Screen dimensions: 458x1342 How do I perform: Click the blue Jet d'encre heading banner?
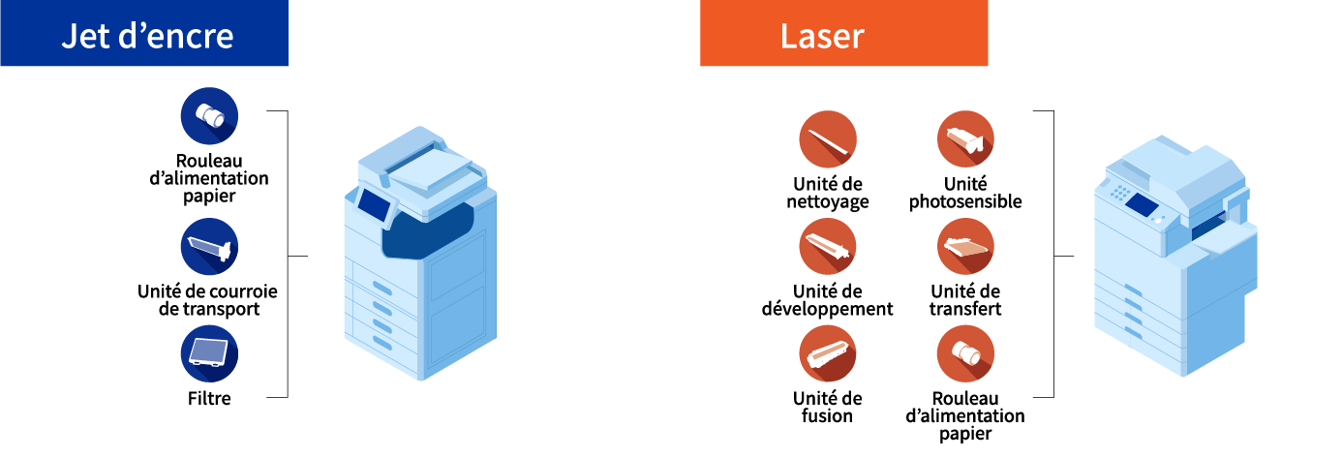coord(144,34)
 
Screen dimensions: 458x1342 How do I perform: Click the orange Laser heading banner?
coord(843,34)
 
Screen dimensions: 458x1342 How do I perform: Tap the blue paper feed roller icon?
coord(209,115)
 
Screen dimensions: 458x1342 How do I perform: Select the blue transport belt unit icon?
coord(209,247)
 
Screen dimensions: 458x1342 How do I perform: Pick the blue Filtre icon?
coord(209,353)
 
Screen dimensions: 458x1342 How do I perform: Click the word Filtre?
coord(209,398)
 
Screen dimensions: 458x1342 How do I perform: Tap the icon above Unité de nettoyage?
coord(827,139)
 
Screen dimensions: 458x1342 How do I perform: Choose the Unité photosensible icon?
coord(965,139)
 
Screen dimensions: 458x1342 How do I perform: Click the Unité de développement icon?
coord(827,246)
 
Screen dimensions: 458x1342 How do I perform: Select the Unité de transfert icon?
coord(965,246)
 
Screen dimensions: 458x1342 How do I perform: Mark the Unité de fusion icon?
coord(827,353)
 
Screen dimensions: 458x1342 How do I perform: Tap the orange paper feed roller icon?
coord(965,353)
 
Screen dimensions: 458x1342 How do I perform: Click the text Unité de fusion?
coord(827,407)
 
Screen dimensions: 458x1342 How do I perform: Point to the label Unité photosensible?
coord(965,193)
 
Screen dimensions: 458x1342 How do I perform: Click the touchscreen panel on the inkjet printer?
coord(374,203)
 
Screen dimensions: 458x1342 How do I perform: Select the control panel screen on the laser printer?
coord(1143,204)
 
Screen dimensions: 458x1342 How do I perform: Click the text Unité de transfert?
coord(965,300)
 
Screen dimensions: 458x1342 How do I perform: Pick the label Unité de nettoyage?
coord(827,193)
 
